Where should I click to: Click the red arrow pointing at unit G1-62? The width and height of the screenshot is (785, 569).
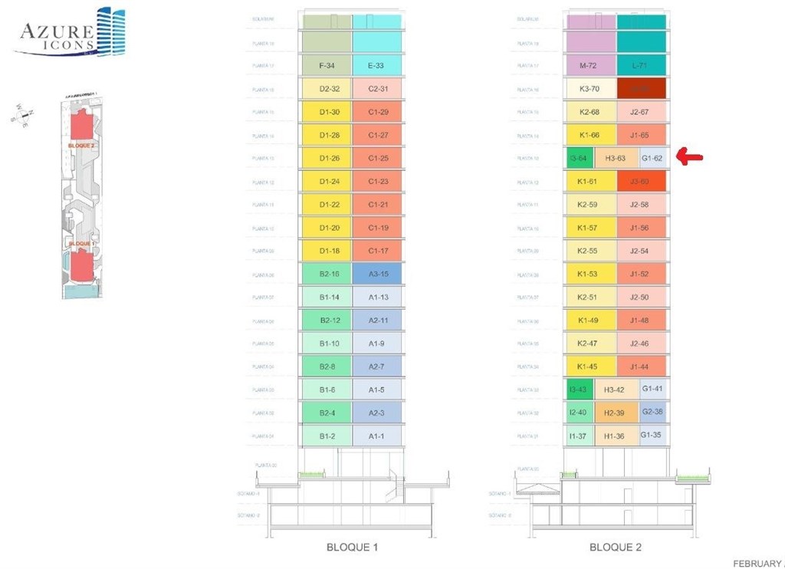click(x=691, y=158)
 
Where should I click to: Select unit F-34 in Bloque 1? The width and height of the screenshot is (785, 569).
click(x=326, y=66)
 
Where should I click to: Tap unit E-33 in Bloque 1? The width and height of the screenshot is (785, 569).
click(x=376, y=66)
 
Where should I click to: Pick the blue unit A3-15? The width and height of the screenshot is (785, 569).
click(x=376, y=274)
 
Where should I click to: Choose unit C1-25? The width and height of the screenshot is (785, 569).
click(x=376, y=158)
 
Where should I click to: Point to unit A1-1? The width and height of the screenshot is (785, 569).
click(x=376, y=436)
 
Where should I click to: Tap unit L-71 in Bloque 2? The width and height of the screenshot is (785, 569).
click(x=642, y=66)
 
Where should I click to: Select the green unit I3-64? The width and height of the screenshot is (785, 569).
click(x=578, y=159)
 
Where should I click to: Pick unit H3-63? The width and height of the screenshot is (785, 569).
click(x=616, y=159)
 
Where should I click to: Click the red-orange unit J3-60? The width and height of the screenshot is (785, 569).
click(x=642, y=182)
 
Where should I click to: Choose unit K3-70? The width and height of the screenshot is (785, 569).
click(x=590, y=89)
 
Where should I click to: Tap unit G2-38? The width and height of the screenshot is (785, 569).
click(x=652, y=413)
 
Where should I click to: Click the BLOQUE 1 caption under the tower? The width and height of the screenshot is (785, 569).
click(x=352, y=548)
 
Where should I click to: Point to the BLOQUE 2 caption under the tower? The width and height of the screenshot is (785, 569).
click(x=616, y=548)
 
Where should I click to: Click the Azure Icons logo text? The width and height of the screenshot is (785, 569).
click(x=57, y=35)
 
